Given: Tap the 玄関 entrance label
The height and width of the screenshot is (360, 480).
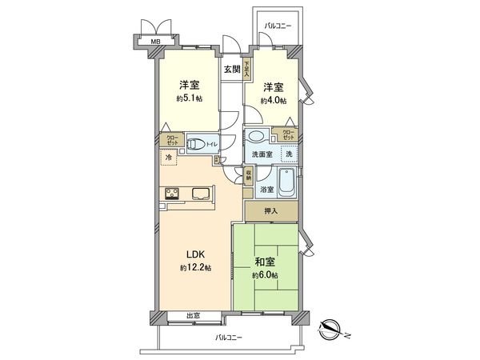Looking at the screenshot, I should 230,70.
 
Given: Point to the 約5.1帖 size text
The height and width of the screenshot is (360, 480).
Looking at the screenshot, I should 189,99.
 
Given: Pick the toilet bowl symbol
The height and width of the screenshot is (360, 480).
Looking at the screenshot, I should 195,146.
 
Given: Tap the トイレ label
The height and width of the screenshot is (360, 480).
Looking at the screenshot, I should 211,144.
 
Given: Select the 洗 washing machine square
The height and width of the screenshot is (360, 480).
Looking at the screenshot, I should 289,154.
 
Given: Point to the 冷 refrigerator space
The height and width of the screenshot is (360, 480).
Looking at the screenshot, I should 169,158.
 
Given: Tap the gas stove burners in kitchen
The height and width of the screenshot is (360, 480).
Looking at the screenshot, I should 172,192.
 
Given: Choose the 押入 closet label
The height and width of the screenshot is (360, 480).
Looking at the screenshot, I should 272,211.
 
